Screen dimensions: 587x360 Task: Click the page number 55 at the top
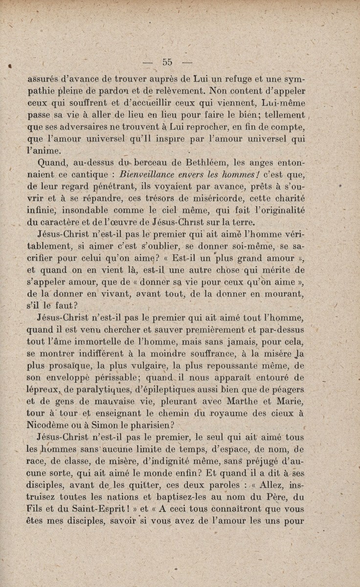tap(167, 62)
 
